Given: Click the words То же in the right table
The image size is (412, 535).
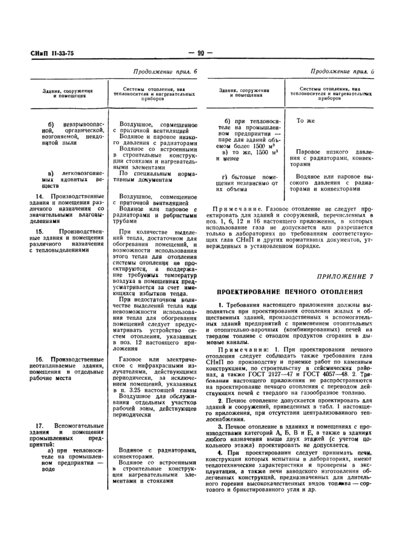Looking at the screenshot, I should [x=307, y=120].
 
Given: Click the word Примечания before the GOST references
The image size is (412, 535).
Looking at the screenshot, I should [x=240, y=350].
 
